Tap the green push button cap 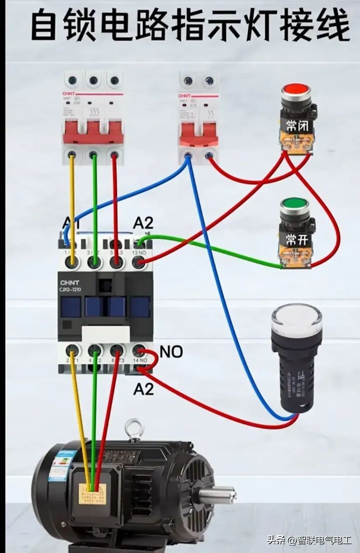pyautogui.click(x=294, y=204)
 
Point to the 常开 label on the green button pyautogui.click(x=297, y=239)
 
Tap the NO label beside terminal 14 pyautogui.click(x=171, y=352)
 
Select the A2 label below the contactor pyautogui.click(x=143, y=388)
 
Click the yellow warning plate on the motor pyautogui.click(x=93, y=494)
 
